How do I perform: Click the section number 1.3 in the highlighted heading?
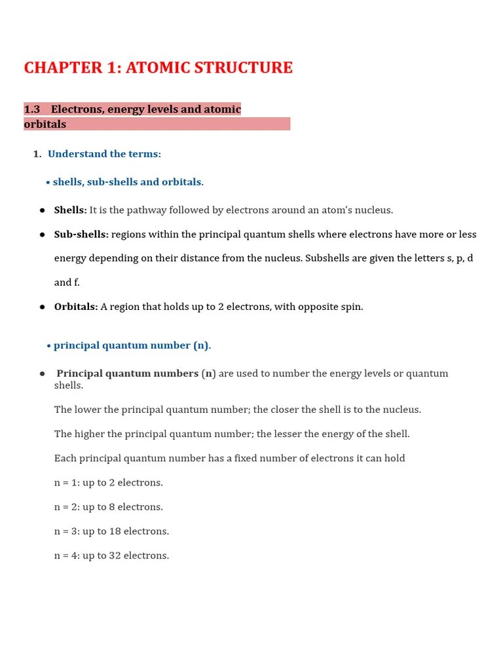[x=32, y=109]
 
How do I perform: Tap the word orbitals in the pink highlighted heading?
[x=45, y=124]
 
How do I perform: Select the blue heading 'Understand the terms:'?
[x=104, y=154]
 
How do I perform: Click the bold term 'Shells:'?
[x=70, y=210]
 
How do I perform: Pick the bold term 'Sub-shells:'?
[x=81, y=235]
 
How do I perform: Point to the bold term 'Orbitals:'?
[x=76, y=307]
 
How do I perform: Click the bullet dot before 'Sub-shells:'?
[x=42, y=235]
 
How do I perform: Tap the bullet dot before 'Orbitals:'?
[x=42, y=307]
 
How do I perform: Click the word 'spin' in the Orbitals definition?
[x=350, y=307]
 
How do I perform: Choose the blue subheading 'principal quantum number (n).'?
[x=132, y=345]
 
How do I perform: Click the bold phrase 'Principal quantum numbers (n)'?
[x=136, y=374]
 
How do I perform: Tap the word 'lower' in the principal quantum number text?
[x=89, y=410]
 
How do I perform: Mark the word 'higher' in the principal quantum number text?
[x=91, y=434]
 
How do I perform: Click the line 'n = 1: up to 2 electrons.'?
[x=109, y=483]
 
